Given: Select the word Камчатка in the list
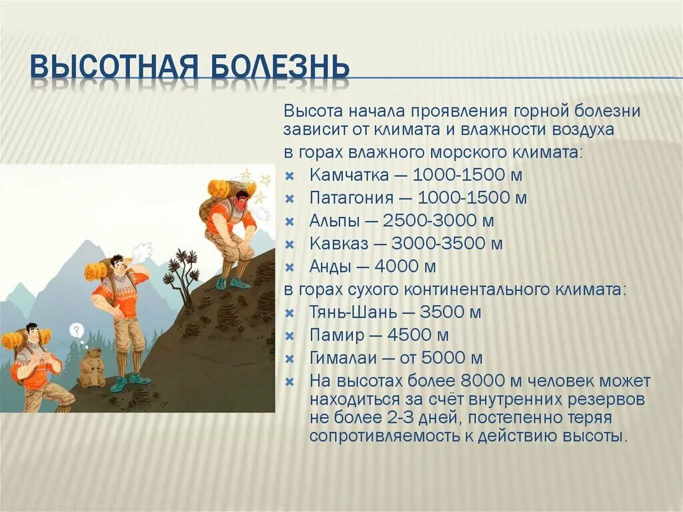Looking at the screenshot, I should point(348,176).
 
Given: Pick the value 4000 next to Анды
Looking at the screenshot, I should point(398,266).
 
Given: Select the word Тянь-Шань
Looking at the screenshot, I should point(349,312).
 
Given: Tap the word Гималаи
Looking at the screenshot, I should point(341,357).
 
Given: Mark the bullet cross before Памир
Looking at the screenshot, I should point(289,335).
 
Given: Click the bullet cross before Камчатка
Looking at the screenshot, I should point(289,176).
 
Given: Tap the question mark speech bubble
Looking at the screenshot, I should point(77,330).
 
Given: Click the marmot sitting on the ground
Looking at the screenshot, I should point(91,368).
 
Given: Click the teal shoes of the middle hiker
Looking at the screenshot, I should point(130,380).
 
